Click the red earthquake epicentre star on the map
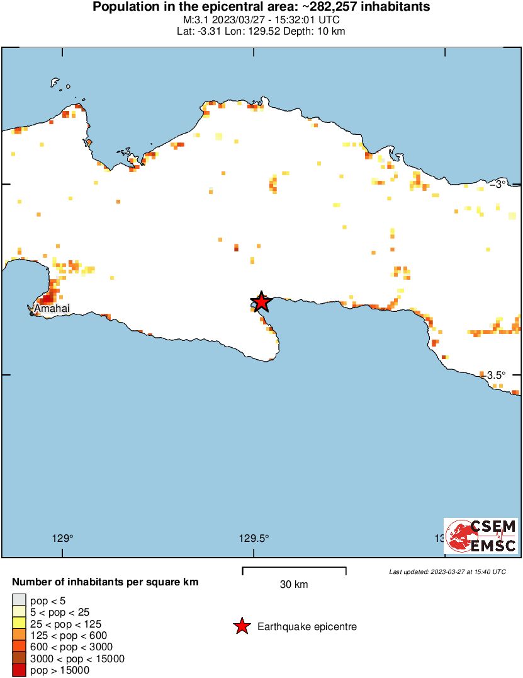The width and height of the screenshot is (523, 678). (260, 302)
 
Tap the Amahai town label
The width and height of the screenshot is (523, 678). (52, 309)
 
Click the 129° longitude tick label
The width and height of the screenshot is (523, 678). (62, 538)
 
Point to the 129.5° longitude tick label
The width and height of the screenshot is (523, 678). (254, 538)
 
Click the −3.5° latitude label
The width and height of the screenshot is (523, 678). (496, 375)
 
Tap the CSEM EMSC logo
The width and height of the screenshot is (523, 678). (481, 536)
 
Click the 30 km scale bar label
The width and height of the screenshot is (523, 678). (294, 584)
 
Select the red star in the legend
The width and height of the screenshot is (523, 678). (241, 626)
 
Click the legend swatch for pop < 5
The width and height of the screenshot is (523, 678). (19, 600)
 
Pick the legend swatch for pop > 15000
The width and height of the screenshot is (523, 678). (19, 670)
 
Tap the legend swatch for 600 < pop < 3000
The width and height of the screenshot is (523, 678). (19, 647)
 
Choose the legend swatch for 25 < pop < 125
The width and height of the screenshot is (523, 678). (19, 623)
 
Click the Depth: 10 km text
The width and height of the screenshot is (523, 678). (321, 31)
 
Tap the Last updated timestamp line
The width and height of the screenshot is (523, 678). (447, 572)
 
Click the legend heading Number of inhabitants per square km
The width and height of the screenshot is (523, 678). (106, 582)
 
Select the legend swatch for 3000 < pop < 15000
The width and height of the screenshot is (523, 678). (19, 659)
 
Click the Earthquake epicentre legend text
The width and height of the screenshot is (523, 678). (307, 627)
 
